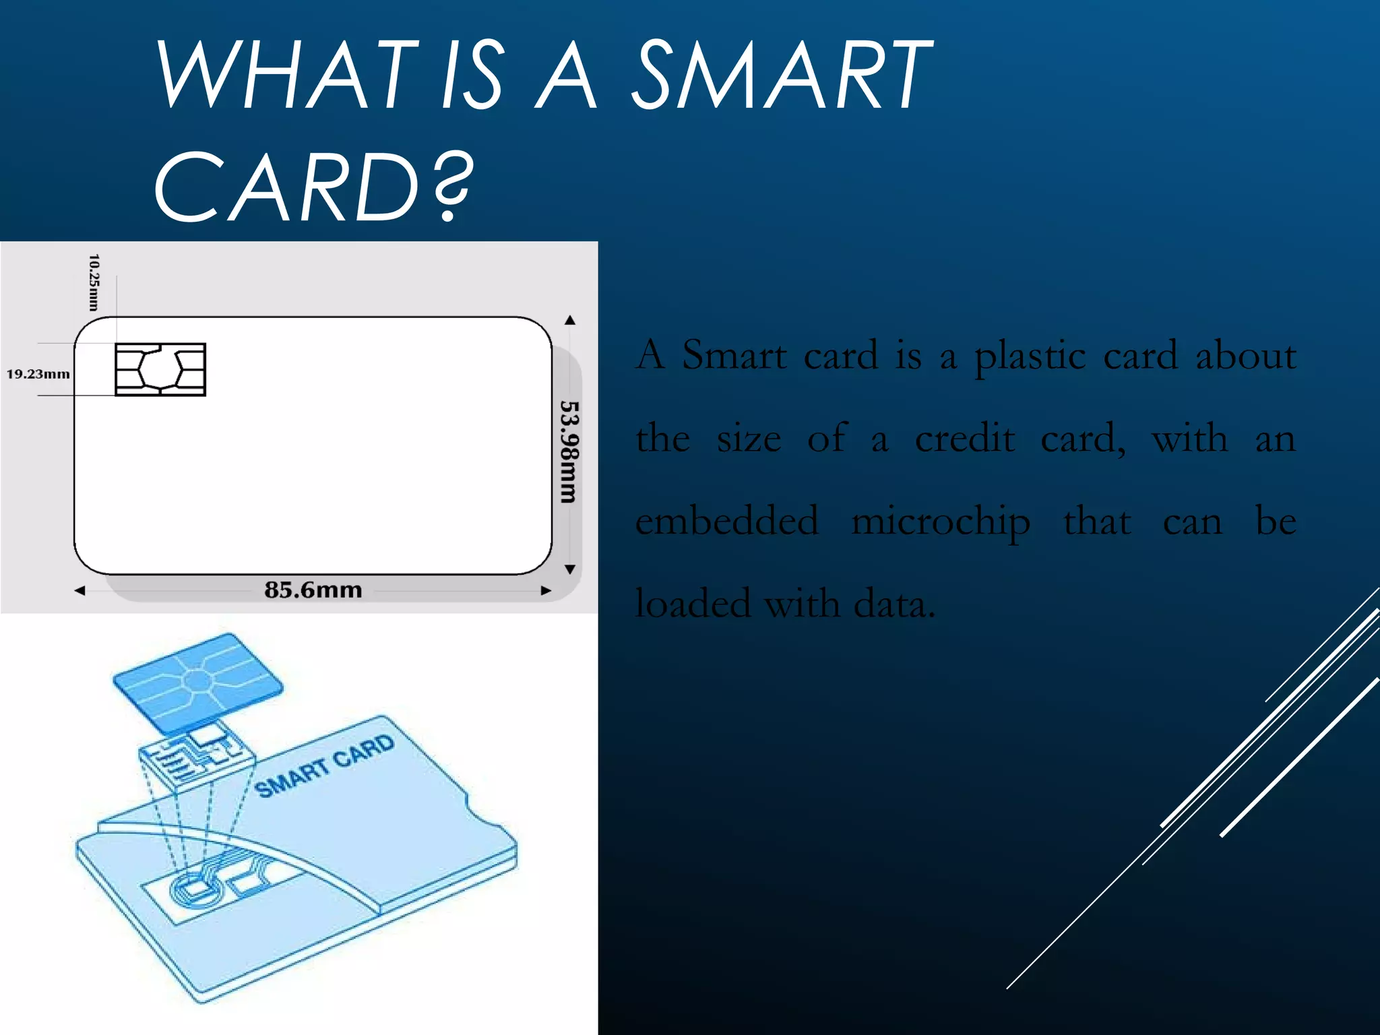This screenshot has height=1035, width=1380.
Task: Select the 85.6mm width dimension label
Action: [x=313, y=590]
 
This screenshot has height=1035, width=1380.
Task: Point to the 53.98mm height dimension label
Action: [x=569, y=451]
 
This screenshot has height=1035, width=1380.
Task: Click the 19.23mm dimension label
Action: [x=38, y=374]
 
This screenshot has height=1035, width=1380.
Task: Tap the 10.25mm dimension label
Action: [x=94, y=282]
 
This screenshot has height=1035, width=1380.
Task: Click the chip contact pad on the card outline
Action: [x=160, y=369]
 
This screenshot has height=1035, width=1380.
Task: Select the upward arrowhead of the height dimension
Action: [x=570, y=320]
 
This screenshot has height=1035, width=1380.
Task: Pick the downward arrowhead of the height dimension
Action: [x=570, y=569]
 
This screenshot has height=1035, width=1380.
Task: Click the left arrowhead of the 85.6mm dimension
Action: [x=80, y=591]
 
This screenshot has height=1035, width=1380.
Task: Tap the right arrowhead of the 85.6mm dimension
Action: [x=546, y=591]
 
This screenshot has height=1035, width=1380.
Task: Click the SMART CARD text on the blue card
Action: [x=324, y=766]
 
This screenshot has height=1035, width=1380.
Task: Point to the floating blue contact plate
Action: [x=197, y=682]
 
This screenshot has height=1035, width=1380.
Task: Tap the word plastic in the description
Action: [x=1030, y=356]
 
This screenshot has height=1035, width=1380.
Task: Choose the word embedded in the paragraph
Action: [x=727, y=521]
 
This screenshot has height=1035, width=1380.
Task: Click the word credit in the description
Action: [x=965, y=439]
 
